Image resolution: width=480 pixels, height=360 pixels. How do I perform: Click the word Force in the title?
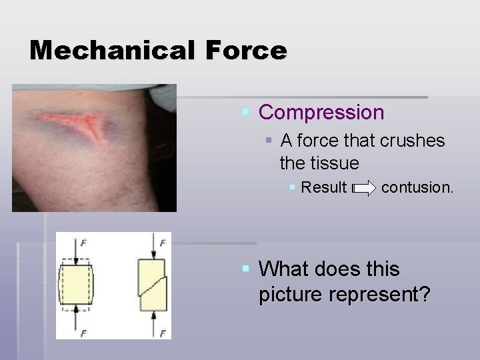point(246,50)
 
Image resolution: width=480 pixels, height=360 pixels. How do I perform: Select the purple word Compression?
point(321,112)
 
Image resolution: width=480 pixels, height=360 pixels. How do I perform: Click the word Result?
point(323,187)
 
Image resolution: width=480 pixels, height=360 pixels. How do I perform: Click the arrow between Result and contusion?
point(364,188)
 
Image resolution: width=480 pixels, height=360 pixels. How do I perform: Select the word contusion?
point(417,187)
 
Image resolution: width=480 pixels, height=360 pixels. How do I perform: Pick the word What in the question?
point(283,269)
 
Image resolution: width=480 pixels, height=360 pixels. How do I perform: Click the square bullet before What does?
point(246,269)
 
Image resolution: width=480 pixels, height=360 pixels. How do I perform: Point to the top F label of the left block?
point(83,243)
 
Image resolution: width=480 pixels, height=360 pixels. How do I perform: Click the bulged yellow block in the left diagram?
point(75,285)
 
